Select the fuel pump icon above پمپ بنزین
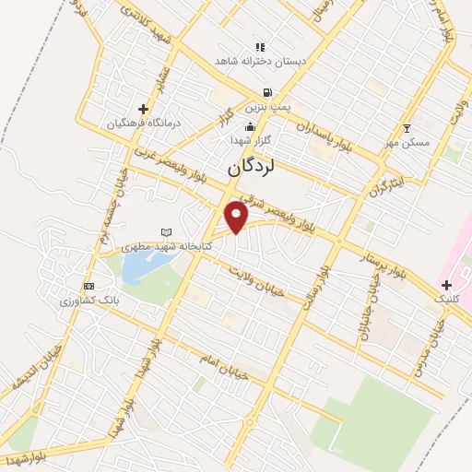pos(267,93)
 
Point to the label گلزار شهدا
pos(251,140)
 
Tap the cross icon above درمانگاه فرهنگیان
pos(143,109)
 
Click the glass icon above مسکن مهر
pos(407,128)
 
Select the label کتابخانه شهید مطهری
pos(168,247)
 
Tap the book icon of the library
pos(167,232)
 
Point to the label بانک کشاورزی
pos(89,301)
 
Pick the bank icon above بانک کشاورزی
pos(88,286)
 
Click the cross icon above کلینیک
pos(446,286)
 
